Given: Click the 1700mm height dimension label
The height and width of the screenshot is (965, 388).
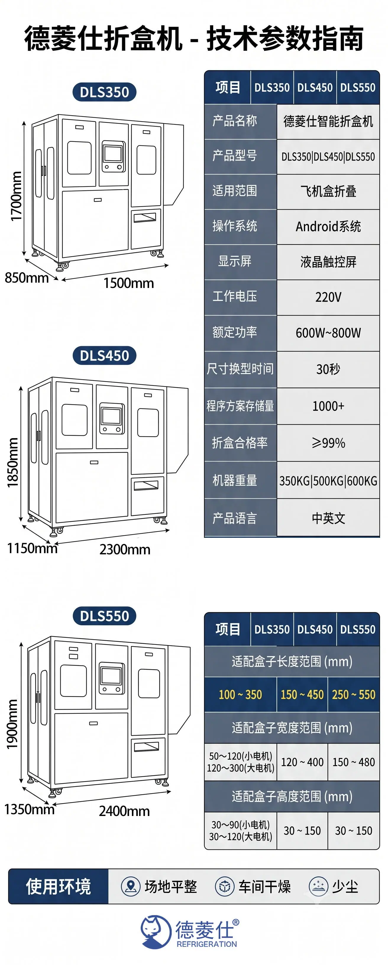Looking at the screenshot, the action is pyautogui.click(x=16, y=196).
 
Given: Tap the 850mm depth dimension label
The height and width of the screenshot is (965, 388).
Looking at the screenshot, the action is pyautogui.click(x=27, y=278).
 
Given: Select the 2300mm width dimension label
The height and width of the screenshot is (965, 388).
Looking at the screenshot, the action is pyautogui.click(x=125, y=550).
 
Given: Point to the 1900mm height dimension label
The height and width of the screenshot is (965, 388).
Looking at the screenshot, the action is pyautogui.click(x=12, y=724).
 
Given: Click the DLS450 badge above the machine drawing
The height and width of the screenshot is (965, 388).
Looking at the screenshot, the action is pyautogui.click(x=104, y=355).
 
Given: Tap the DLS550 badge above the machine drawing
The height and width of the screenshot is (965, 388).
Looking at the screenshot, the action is pyautogui.click(x=104, y=616).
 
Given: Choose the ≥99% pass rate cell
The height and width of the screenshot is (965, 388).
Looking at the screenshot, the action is pyautogui.click(x=328, y=443).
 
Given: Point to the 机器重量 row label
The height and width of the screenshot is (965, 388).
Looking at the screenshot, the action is pyautogui.click(x=235, y=480).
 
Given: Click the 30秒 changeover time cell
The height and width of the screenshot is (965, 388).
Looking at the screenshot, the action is pyautogui.click(x=328, y=369).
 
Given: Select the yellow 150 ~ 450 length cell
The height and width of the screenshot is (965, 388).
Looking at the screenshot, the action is pyautogui.click(x=302, y=694).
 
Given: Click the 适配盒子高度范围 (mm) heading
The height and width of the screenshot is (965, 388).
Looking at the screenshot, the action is pyautogui.click(x=292, y=796).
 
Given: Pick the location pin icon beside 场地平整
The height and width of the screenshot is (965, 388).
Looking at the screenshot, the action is pyautogui.click(x=130, y=886).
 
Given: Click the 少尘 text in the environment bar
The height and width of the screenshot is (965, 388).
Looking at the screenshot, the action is pyautogui.click(x=345, y=886).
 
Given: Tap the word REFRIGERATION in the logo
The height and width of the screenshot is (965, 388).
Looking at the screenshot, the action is pyautogui.click(x=206, y=944).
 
